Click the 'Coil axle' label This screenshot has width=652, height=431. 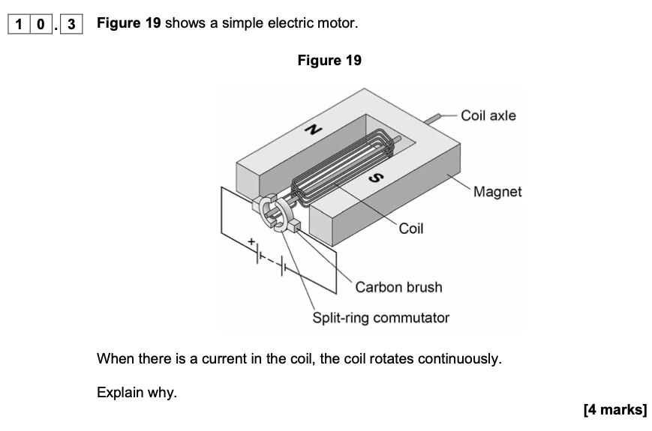488,115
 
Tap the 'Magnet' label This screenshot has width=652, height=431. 497,192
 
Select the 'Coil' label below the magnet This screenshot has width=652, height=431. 410,229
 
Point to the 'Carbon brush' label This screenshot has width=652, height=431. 398,287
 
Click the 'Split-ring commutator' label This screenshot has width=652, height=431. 380,318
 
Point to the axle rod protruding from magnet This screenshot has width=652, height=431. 433,118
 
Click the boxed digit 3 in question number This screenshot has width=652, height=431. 71,24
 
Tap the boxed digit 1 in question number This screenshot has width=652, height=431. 18,24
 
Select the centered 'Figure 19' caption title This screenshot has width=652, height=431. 329,61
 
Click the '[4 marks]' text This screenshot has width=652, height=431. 614,409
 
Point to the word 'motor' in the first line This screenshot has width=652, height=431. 336,23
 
